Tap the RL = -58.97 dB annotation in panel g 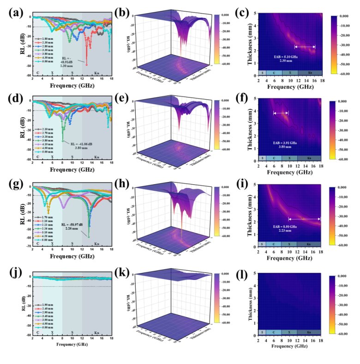(72, 227)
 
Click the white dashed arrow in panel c (305, 47)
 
